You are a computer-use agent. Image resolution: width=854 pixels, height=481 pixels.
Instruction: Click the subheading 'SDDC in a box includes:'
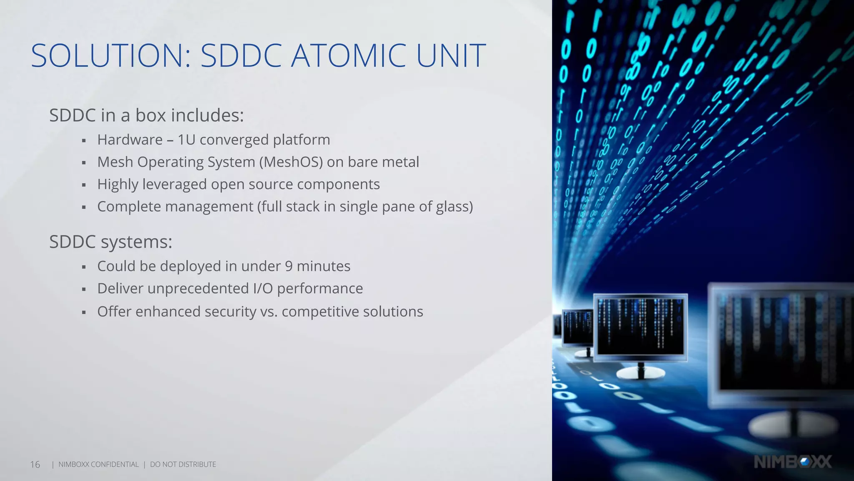click(x=146, y=115)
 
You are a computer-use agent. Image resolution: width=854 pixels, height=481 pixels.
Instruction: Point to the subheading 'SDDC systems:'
click(x=111, y=242)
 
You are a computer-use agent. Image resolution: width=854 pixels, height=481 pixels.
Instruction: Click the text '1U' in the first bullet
click(x=186, y=140)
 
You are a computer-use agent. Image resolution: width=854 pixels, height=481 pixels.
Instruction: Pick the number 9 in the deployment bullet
click(x=289, y=266)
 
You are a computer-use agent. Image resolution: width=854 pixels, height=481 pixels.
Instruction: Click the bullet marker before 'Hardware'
click(x=84, y=141)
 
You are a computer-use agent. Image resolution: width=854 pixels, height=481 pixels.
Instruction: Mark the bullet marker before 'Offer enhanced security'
click(x=84, y=312)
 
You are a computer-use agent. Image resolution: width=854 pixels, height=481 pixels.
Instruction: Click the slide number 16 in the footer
click(x=35, y=464)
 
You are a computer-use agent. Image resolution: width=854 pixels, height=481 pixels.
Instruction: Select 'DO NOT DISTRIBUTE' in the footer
click(x=183, y=464)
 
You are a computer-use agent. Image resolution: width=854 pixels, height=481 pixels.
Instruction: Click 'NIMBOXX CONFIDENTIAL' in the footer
click(x=98, y=464)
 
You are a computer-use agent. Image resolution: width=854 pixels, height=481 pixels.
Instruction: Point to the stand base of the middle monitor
click(x=640, y=373)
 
